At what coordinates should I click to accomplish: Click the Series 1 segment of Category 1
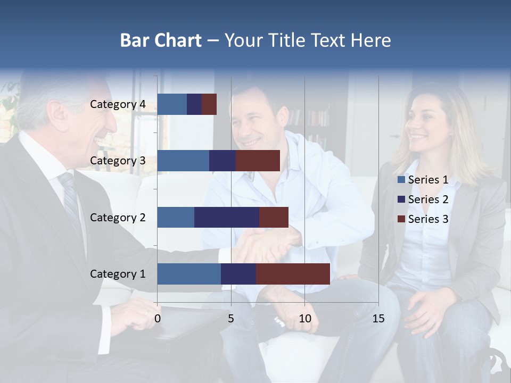pos(189,274)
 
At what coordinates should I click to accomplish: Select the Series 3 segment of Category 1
pos(293,274)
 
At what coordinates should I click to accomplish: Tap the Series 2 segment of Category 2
pos(227,217)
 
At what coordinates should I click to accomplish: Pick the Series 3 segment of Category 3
pos(258,161)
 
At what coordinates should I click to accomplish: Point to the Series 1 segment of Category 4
pos(172,104)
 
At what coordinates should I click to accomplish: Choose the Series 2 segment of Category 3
pos(222,161)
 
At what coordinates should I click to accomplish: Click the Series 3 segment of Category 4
pos(209,104)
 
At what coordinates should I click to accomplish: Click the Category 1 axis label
pos(118,274)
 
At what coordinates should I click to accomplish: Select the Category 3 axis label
pos(118,161)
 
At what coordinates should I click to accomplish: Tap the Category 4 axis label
pos(118,104)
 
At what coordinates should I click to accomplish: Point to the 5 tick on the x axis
pos(231,319)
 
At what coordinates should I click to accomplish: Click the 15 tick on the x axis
pos(378,319)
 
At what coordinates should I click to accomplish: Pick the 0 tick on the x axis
pos(158,319)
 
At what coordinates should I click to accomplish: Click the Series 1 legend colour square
pos(401,180)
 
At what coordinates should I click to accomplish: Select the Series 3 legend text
pos(428,219)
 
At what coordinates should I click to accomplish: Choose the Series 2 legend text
pos(428,199)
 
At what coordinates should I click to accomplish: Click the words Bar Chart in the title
pos(161,40)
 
